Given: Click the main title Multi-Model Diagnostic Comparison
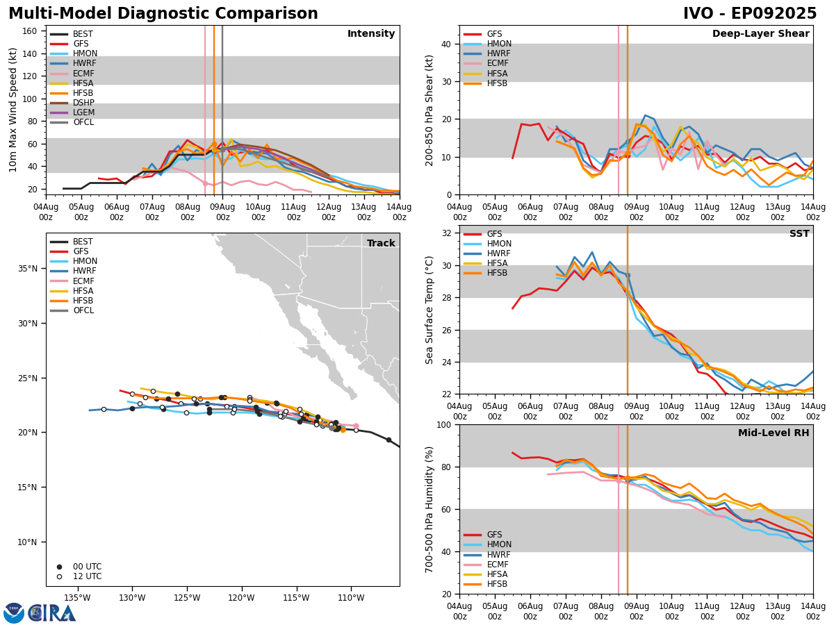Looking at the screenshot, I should click(x=163, y=14).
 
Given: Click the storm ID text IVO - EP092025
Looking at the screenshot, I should click(x=750, y=14).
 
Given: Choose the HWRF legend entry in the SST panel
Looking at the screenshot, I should click(x=497, y=253).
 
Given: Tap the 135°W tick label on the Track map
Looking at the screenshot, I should click(x=77, y=598).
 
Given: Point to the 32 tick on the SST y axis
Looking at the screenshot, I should click(x=447, y=233).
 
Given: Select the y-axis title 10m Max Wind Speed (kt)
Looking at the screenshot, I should click(x=13, y=109).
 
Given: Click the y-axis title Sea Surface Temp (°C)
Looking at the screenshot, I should click(x=430, y=310).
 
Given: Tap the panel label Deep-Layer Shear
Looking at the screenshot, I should click(x=760, y=34).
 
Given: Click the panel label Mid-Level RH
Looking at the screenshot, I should click(x=773, y=433).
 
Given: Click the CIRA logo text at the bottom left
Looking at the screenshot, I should click(x=52, y=612).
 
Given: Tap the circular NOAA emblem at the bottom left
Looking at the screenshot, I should click(x=14, y=612).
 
